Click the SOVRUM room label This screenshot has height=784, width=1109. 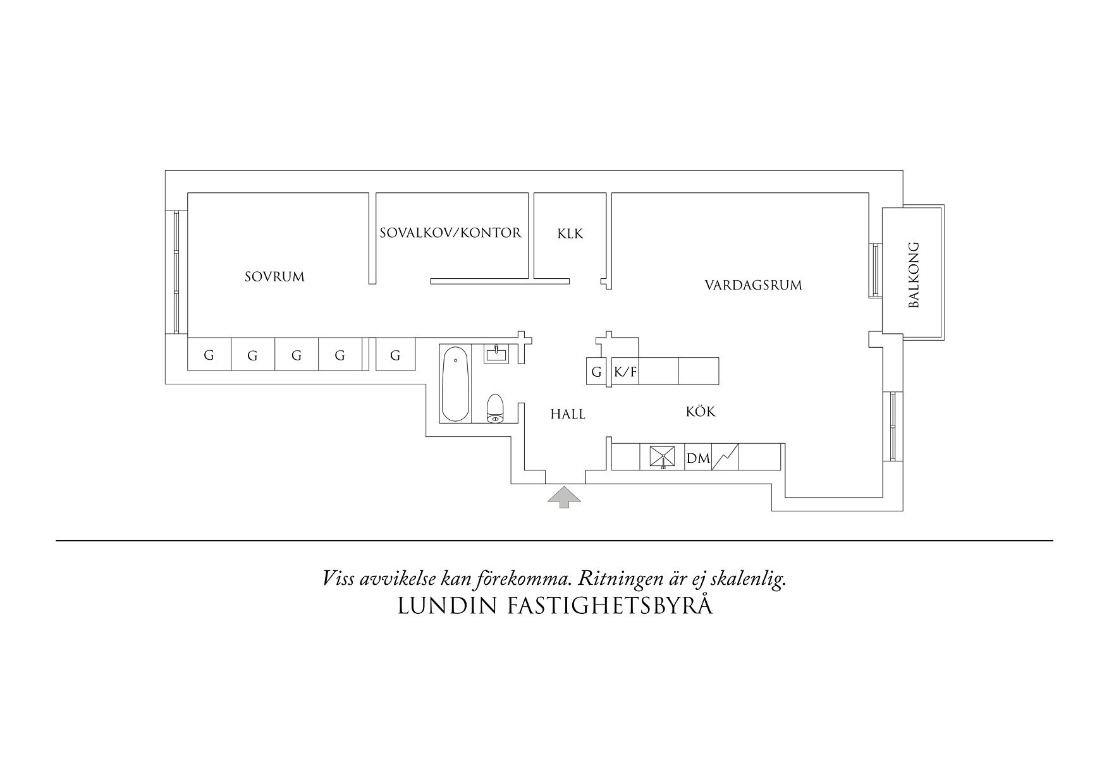[x=274, y=277]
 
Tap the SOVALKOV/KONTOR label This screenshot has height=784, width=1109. [x=450, y=233]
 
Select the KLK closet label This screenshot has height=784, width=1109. [x=570, y=234]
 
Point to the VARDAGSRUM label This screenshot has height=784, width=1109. [x=753, y=285]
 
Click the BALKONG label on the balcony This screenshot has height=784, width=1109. [x=913, y=275]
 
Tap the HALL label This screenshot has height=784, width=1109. [x=567, y=415]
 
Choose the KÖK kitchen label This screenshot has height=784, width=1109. [x=701, y=412]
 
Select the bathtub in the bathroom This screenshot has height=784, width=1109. [x=455, y=385]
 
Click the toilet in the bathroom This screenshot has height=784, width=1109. [x=494, y=408]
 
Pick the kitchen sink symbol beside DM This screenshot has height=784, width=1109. [x=662, y=457]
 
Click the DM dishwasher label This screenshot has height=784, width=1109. [x=698, y=458]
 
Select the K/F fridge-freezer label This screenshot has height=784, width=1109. [x=625, y=372]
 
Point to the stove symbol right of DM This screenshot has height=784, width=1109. [x=725, y=457]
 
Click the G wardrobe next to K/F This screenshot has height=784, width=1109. [x=596, y=372]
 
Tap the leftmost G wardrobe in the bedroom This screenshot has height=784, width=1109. [x=209, y=355]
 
